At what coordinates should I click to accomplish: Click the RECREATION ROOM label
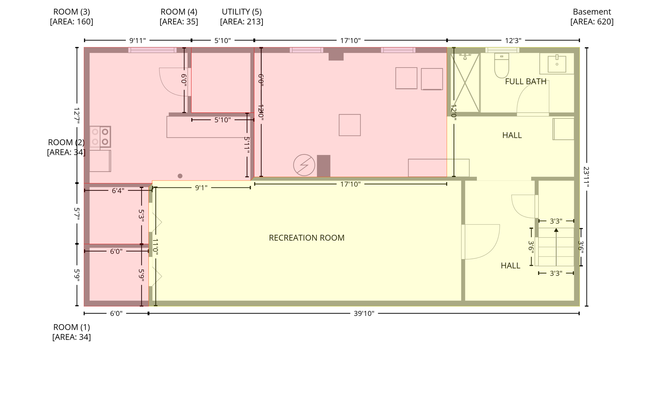click(x=306, y=238)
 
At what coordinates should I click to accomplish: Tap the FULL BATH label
click(x=525, y=82)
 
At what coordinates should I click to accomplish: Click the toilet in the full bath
click(x=501, y=66)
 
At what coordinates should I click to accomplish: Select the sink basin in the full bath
click(x=557, y=64)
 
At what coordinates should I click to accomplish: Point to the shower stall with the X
click(x=465, y=83)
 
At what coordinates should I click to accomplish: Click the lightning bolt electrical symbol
click(x=304, y=165)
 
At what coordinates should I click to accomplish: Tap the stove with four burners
click(x=100, y=136)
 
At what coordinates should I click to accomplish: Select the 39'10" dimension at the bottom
click(x=364, y=314)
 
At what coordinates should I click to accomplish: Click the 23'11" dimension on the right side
click(x=586, y=177)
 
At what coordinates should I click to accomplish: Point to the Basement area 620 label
click(x=592, y=17)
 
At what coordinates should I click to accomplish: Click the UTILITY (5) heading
click(x=241, y=12)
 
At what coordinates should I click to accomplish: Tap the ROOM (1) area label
click(x=72, y=332)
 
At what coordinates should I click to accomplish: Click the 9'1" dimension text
click(x=201, y=188)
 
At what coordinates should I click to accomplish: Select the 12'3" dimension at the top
click(x=513, y=41)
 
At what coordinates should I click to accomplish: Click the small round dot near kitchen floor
click(x=180, y=176)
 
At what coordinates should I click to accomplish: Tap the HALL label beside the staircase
click(x=510, y=266)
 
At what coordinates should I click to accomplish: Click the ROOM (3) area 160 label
click(x=72, y=17)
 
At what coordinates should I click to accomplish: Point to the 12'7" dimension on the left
click(x=77, y=115)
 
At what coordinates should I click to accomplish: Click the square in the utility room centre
click(x=349, y=125)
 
